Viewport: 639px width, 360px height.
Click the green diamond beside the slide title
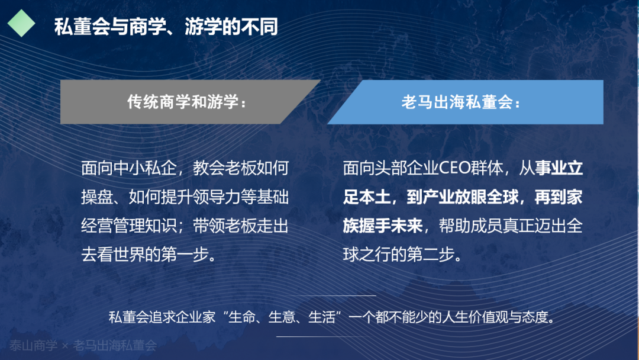22,23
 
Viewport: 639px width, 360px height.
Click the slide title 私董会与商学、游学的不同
166,27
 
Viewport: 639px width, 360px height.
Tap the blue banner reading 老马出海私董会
465,102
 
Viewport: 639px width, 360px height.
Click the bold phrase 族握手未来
383,226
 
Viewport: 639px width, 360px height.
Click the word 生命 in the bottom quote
241,317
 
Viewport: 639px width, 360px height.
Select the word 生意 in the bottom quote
282,317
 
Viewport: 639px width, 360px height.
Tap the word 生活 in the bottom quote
321,317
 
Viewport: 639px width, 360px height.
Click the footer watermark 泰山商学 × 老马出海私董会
83,346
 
